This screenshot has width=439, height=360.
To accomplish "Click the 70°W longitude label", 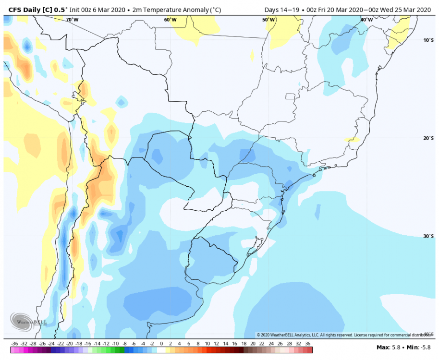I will click(x=72, y=20).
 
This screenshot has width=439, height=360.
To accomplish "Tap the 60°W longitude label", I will click(x=170, y=20).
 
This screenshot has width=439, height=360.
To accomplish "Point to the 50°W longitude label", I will click(x=268, y=20).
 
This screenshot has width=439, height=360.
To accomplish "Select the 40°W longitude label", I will click(x=366, y=20).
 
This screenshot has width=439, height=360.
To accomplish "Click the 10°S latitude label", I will click(x=428, y=40).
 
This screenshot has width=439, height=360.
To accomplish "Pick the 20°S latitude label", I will click(x=428, y=138).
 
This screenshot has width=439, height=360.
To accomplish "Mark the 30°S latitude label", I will click(x=428, y=236).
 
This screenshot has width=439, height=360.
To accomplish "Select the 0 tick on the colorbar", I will click(x=161, y=344).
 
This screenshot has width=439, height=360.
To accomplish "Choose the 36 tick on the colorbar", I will click(x=308, y=344).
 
